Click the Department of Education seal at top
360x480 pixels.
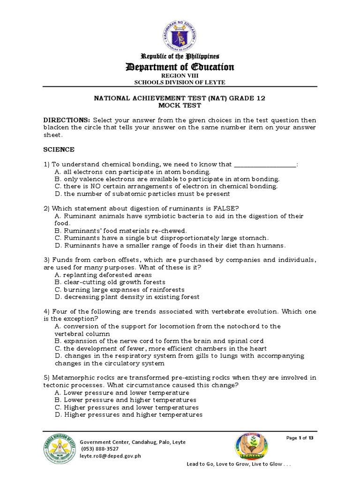180,32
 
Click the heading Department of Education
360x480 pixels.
180,67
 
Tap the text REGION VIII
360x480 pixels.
180,75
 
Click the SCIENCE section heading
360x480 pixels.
59,150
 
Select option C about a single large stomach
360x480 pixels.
162,238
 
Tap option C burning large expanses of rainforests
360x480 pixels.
120,290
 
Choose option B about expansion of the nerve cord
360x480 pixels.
159,341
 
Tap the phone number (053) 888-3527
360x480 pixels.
100,449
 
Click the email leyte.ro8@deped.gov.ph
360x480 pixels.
111,455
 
